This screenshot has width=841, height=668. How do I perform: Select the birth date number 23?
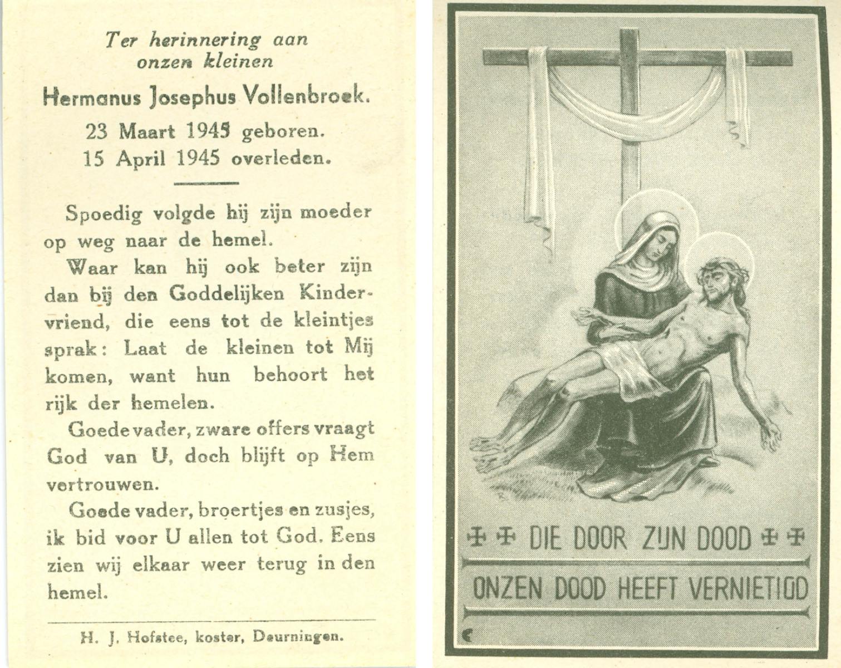[x=96, y=132]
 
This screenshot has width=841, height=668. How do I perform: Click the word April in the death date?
[x=141, y=159]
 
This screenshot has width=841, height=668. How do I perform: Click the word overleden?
[x=281, y=159]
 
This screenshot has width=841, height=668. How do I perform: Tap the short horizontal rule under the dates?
[x=206, y=183]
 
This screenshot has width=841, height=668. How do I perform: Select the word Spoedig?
[x=104, y=214]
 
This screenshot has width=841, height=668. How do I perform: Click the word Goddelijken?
[x=227, y=293]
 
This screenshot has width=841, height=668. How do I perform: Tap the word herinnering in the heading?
[x=204, y=40]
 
